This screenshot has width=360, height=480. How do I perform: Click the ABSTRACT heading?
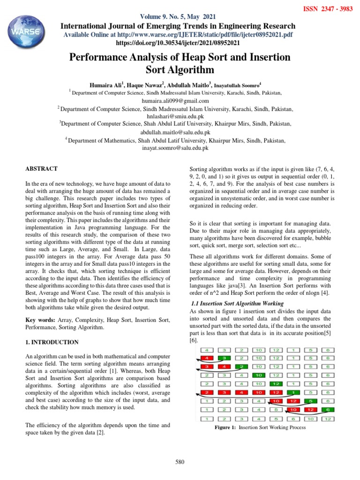click(42, 168)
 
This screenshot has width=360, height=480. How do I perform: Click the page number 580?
click(180, 462)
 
